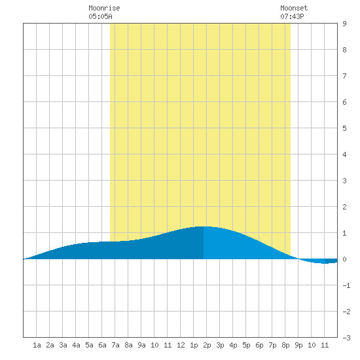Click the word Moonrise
tap(104, 8)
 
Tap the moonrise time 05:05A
tap(100, 16)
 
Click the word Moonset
tap(294, 8)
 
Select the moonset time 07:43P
tap(292, 16)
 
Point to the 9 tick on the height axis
tap(344, 24)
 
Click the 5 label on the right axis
tap(344, 128)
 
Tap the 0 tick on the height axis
tap(344, 259)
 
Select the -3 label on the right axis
tap(346, 338)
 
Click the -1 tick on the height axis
tap(346, 285)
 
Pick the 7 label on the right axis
tap(344, 76)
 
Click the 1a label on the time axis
tap(37, 345)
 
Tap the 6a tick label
tap(102, 345)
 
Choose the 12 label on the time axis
tap(181, 345)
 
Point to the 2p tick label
tap(207, 345)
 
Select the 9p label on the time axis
tap(298, 345)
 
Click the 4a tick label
tap(76, 345)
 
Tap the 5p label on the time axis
tap(246, 345)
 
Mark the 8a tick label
tap(128, 345)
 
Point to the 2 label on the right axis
tap(344, 207)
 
